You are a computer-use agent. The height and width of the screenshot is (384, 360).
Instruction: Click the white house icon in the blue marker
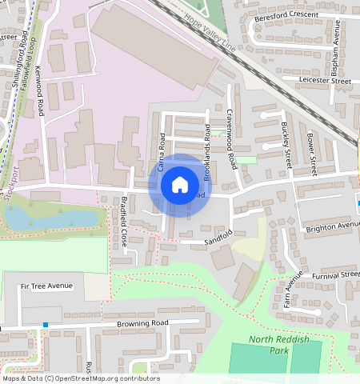coord(180,185)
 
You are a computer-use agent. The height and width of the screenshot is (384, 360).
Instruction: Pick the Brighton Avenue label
coord(333,227)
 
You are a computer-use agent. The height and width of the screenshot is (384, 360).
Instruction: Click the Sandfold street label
coord(218,238)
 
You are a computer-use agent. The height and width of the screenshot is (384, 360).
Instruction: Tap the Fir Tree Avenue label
coord(46,286)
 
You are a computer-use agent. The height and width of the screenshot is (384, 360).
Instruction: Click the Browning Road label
coord(143,322)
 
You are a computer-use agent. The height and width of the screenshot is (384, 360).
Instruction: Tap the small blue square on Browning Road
coord(46,325)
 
